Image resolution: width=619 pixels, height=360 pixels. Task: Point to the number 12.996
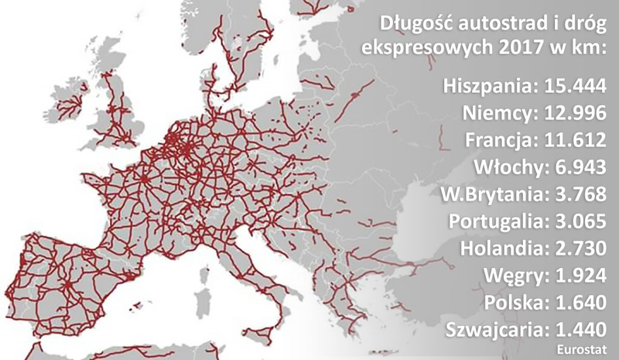[x=574, y=114]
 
